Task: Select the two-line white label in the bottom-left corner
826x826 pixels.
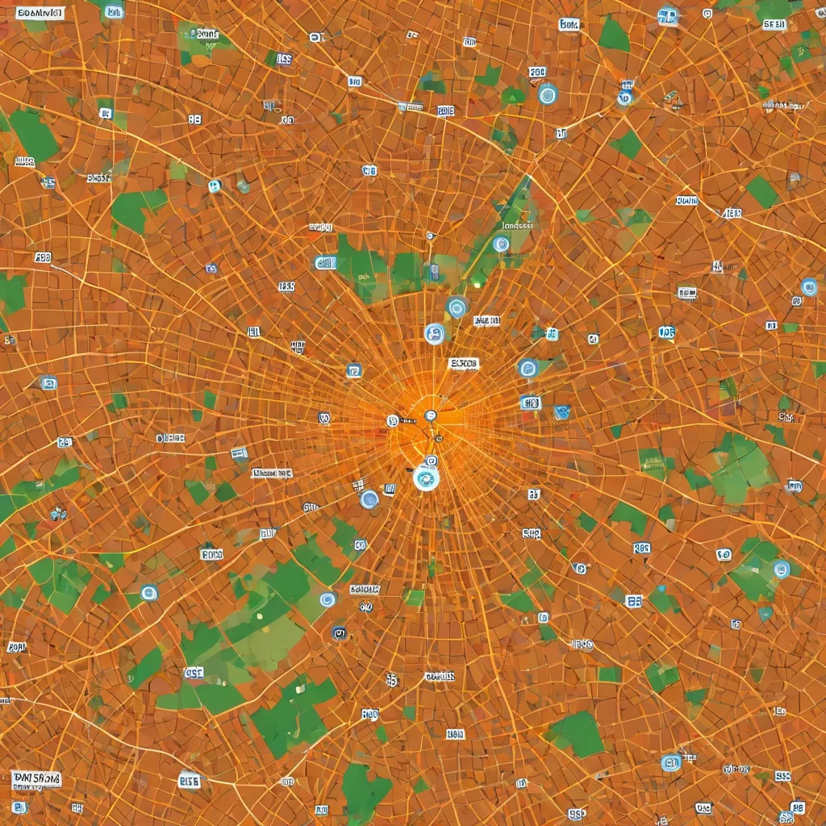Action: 37,779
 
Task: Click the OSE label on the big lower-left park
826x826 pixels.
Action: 194,672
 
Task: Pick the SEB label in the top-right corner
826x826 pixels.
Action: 774,25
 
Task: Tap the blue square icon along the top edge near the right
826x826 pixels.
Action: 667,15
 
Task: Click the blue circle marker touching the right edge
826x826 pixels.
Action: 808,287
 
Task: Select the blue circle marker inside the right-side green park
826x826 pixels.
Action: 781,569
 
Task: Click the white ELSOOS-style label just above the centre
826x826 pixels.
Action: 464,364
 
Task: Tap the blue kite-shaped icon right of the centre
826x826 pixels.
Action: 562,412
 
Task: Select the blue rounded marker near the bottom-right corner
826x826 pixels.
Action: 670,762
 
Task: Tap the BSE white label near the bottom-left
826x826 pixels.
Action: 190,781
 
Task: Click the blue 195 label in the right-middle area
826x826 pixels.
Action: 666,332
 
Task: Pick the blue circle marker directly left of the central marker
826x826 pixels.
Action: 369,499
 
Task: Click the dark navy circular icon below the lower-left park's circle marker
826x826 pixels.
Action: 340,633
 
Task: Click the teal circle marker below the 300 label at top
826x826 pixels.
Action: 547,94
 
